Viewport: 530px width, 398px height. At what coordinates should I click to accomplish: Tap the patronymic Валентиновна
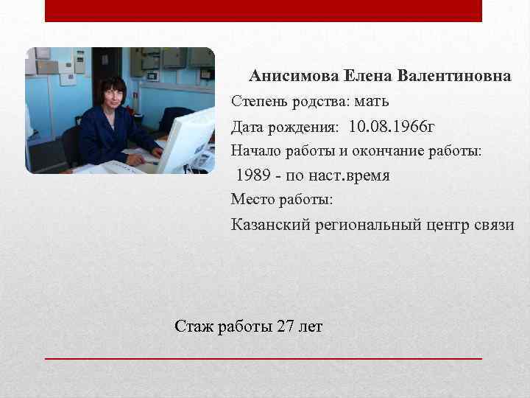click(454, 77)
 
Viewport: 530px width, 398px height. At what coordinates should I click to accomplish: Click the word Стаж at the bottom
click(194, 326)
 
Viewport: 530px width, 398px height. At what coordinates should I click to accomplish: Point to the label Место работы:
click(282, 199)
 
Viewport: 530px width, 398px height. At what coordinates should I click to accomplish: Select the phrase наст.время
click(349, 175)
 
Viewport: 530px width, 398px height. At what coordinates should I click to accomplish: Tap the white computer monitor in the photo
click(186, 140)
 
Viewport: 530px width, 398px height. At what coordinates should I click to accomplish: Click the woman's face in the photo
click(112, 94)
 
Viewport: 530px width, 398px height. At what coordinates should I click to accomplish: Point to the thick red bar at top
click(264, 10)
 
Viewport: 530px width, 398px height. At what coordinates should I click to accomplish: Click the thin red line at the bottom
click(264, 357)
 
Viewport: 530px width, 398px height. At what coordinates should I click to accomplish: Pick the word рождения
click(303, 128)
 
